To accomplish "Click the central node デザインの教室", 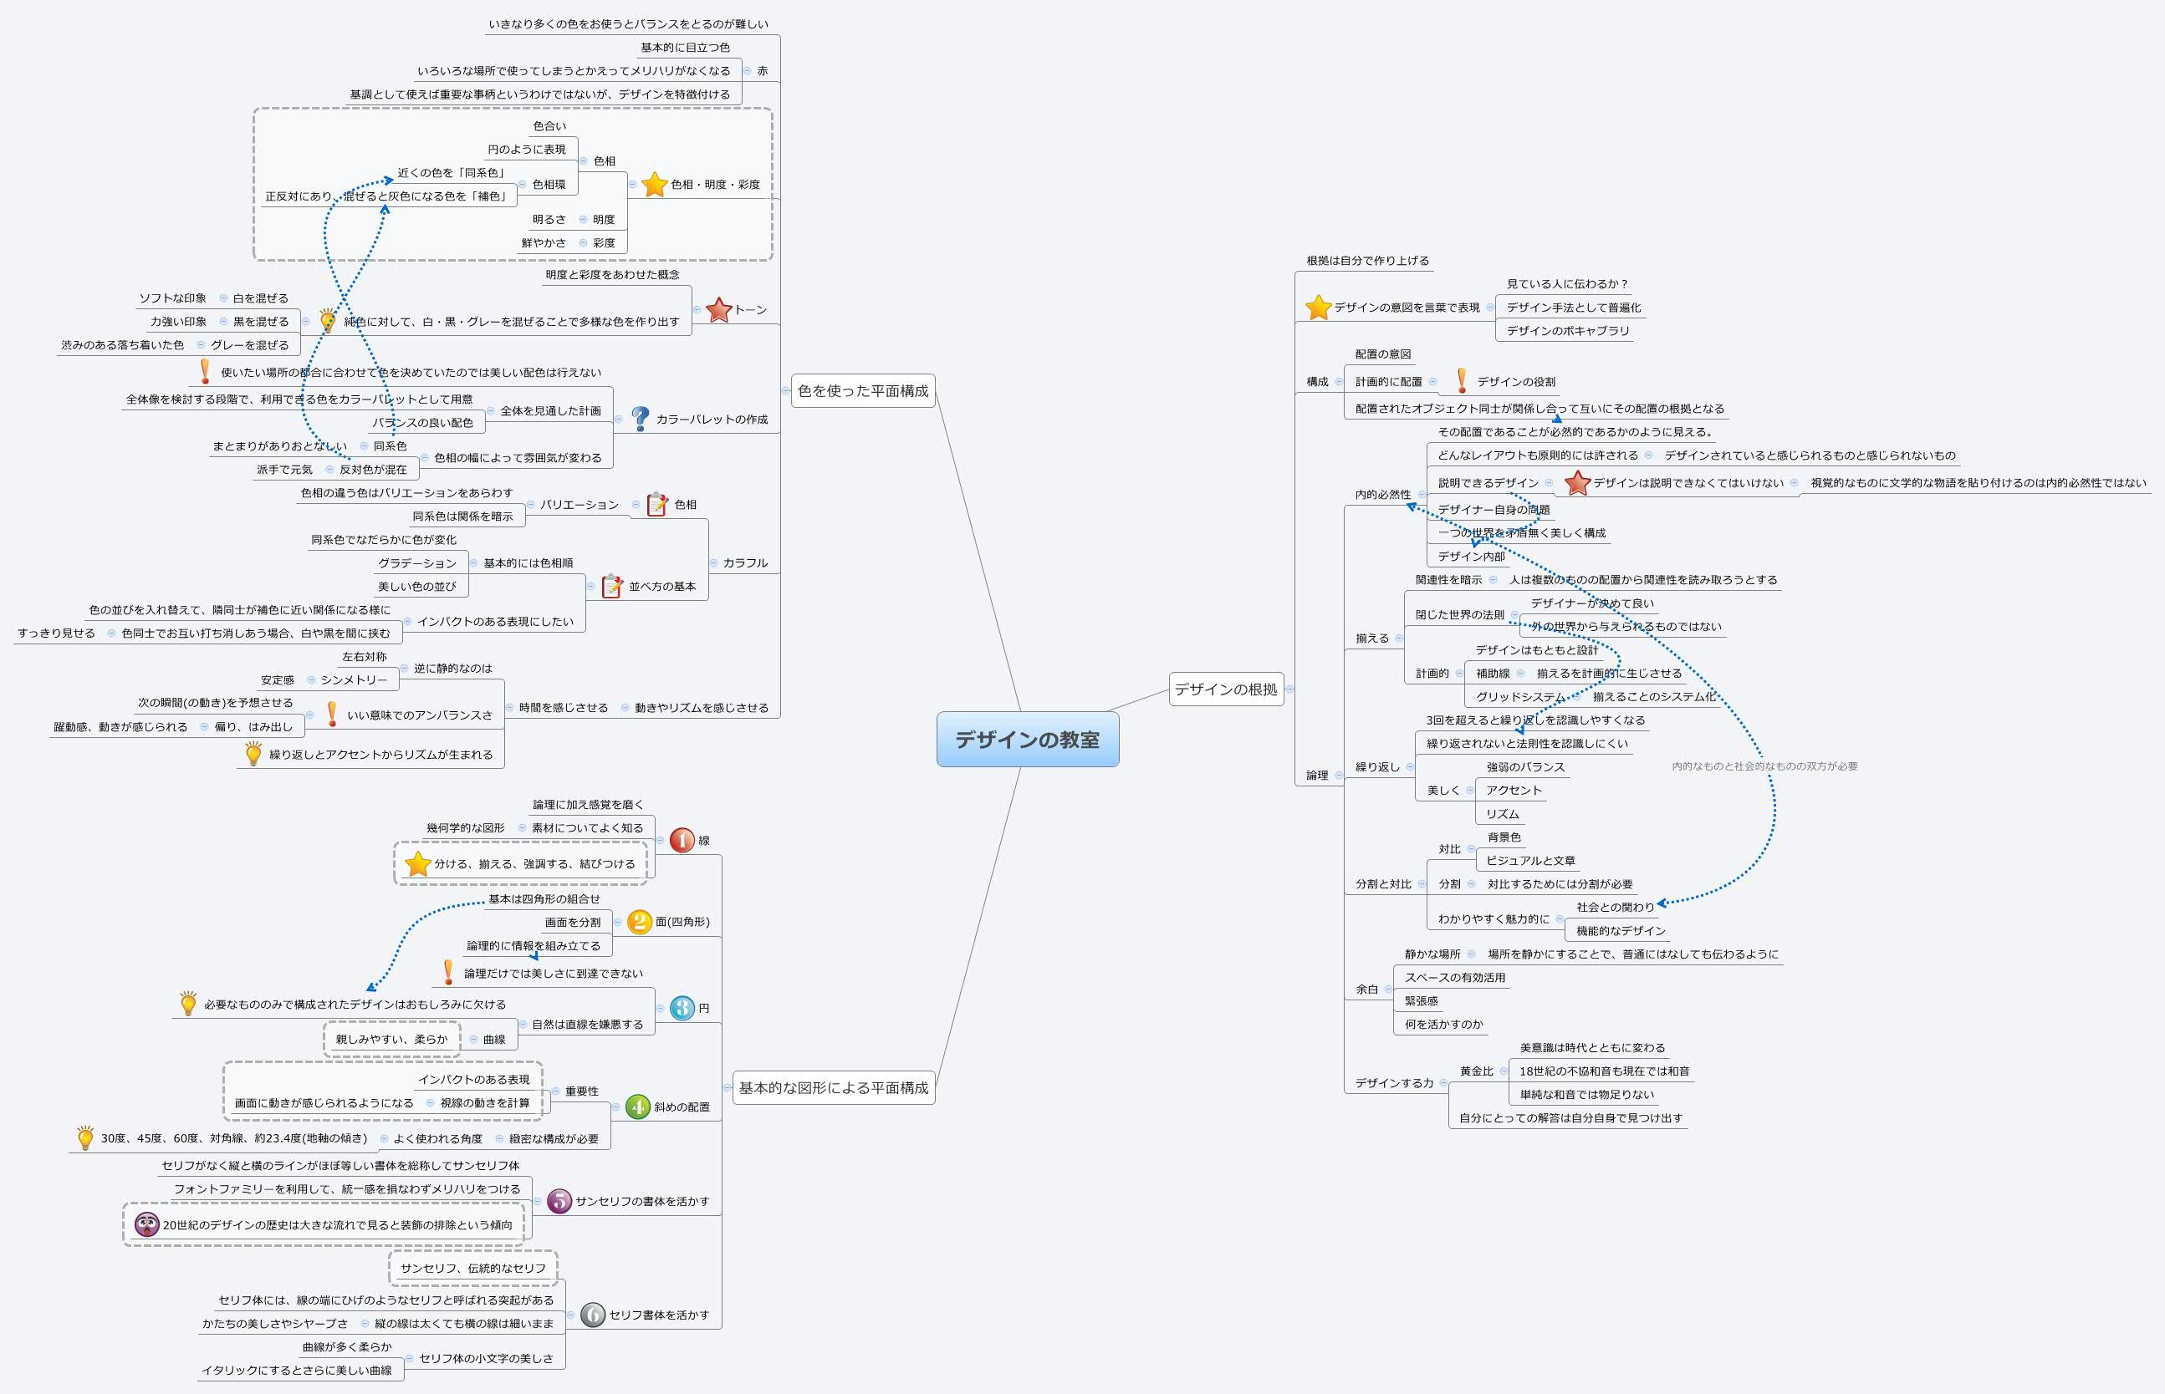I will click(x=1027, y=740).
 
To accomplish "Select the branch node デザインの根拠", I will click(x=1225, y=689).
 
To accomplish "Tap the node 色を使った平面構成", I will click(x=862, y=391).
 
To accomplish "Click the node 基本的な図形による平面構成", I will click(x=833, y=1088).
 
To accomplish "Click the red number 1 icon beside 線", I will click(x=682, y=841).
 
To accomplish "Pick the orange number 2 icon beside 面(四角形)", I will click(x=639, y=923).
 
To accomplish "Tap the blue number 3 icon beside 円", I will click(x=682, y=1009).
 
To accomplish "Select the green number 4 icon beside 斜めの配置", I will click(x=637, y=1107).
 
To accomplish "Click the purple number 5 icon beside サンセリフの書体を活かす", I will click(x=559, y=1201).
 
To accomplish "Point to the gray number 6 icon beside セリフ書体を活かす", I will click(x=592, y=1315).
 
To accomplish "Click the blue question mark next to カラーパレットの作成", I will click(x=641, y=419).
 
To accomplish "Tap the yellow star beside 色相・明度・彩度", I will click(x=654, y=185).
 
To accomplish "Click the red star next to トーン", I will click(x=718, y=309).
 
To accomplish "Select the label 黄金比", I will click(x=1476, y=1071).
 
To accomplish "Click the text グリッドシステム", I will click(x=1519, y=697).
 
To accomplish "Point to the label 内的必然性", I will click(x=1381, y=494).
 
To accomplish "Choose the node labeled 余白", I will click(x=1366, y=990).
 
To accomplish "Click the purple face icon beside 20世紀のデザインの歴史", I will click(x=146, y=1224).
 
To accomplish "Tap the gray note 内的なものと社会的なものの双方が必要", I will click(x=1764, y=766).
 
